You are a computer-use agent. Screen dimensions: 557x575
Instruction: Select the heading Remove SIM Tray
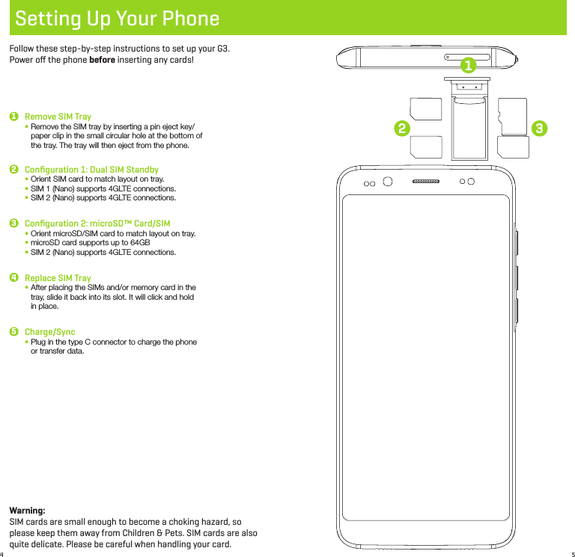point(58,117)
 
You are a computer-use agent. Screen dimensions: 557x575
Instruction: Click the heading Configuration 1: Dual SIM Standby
point(91,170)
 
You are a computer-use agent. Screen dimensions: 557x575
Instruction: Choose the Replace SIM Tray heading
point(58,278)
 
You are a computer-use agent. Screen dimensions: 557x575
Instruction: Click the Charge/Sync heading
point(49,332)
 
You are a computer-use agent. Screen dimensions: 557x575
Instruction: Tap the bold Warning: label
point(27,510)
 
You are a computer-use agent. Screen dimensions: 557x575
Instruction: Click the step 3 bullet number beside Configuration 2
point(13,224)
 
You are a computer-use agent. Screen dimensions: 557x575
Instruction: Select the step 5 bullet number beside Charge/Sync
point(13,332)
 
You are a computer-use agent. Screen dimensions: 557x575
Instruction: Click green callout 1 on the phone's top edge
point(469,66)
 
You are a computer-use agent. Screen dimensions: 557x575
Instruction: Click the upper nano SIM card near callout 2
point(425,111)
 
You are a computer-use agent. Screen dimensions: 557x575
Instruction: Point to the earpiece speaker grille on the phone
point(427,182)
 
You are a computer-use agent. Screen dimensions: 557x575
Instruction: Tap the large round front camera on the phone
point(388,182)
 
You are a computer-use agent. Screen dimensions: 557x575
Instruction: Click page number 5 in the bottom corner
point(571,554)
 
